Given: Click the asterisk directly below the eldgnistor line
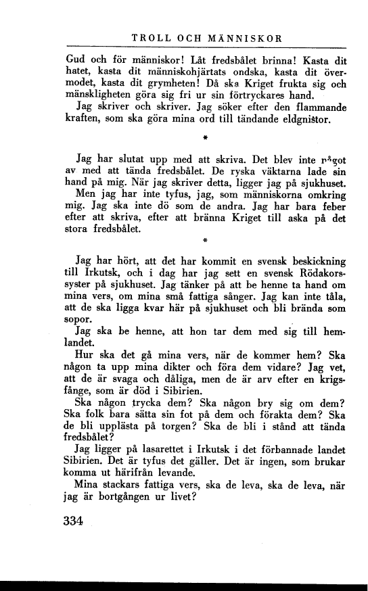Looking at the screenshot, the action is [204, 141].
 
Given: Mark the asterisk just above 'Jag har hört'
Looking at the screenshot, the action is [204, 241].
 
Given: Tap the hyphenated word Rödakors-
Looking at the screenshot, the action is [317, 273].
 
